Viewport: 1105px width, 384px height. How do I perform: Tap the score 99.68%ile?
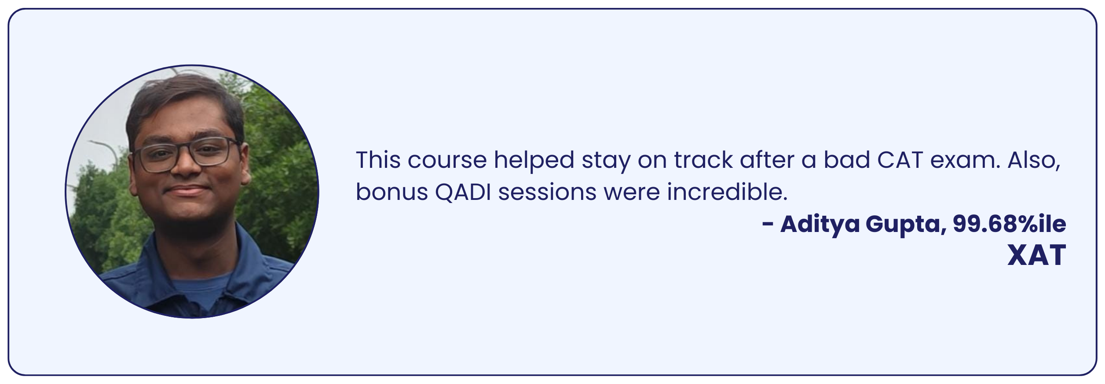point(1010,225)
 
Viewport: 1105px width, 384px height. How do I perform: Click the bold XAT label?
point(1037,255)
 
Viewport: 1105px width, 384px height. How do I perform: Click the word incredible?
point(727,192)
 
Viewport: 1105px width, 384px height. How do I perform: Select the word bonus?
point(392,192)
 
